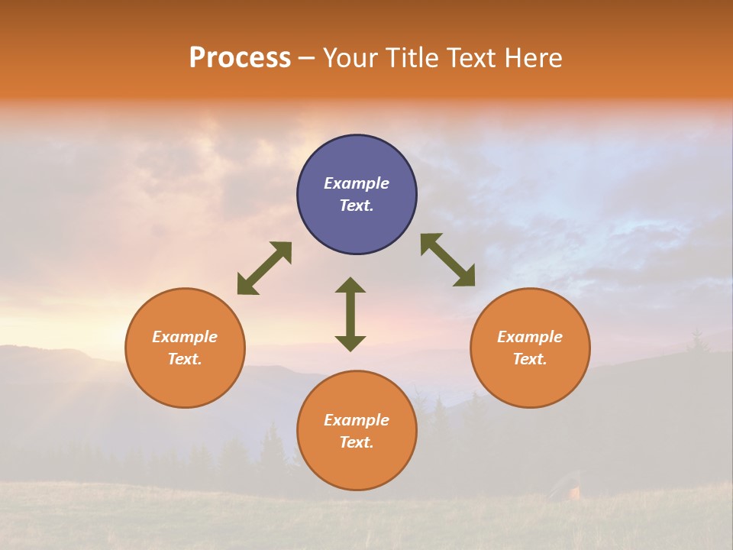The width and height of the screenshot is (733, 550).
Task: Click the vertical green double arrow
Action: click(x=350, y=314)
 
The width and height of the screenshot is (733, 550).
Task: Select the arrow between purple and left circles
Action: click(x=264, y=268)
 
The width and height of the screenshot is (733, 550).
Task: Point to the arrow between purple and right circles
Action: click(x=448, y=260)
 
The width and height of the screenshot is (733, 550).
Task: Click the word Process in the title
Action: click(x=240, y=58)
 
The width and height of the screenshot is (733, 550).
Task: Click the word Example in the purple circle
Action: click(x=357, y=183)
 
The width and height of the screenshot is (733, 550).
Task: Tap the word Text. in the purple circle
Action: click(x=357, y=205)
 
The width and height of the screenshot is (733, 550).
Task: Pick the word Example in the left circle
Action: click(x=185, y=337)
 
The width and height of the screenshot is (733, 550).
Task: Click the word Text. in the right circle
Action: click(x=530, y=359)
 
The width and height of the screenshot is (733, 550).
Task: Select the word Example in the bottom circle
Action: click(x=357, y=420)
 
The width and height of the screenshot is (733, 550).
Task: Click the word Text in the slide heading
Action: click(x=470, y=58)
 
